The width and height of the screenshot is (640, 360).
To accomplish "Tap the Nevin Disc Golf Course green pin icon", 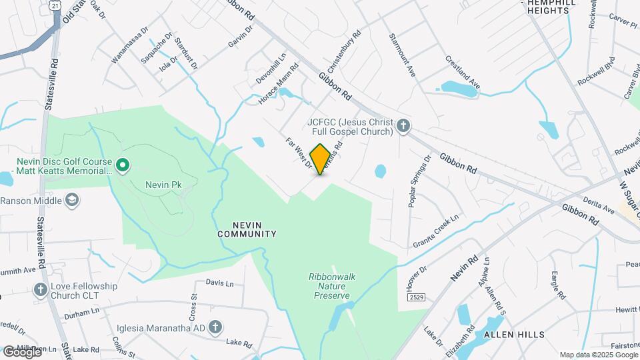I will [122, 165].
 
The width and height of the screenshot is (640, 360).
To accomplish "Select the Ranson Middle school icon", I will [73, 200].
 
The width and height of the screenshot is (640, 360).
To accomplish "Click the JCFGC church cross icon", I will [403, 126].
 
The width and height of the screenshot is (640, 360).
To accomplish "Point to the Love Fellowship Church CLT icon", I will [41, 290].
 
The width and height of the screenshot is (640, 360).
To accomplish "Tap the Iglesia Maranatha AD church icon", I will [215, 327].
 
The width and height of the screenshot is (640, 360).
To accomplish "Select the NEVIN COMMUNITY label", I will [247, 229].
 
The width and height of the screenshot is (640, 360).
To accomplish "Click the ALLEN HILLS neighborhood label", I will [514, 334].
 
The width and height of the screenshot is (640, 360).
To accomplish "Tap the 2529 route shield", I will [417, 297].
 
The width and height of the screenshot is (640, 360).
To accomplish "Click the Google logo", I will [22, 351].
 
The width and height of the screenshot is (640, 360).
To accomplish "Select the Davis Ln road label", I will [219, 283].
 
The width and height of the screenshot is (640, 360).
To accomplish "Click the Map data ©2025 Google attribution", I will [598, 355].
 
